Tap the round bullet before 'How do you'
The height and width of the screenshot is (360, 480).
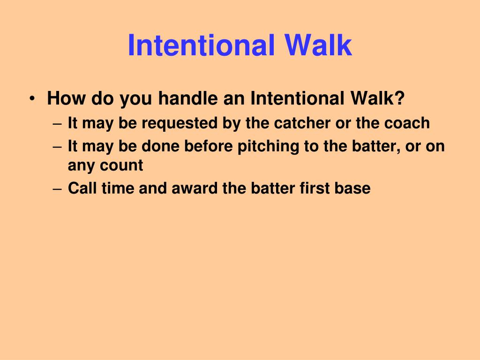coord(31,99)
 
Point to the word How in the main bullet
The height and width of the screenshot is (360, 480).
coord(66,99)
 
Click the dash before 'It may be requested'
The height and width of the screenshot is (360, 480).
coord(57,124)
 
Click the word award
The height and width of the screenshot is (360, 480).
coord(194,188)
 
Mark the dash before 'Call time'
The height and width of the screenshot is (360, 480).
coord(57,189)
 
